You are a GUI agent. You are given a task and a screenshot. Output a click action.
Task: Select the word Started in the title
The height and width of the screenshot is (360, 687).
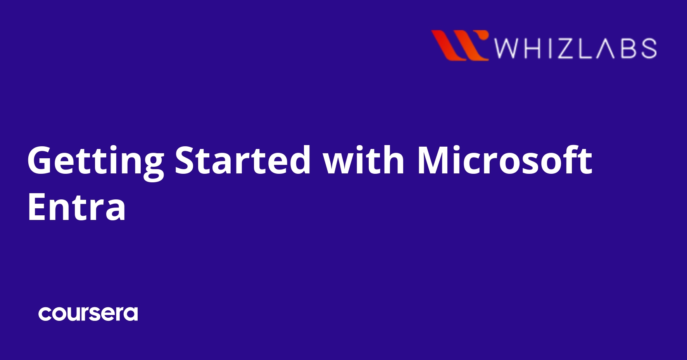click(243, 160)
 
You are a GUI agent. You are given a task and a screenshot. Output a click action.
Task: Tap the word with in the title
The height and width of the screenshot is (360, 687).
click(364, 160)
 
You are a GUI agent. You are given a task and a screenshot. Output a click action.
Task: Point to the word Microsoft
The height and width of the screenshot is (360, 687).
click(504, 160)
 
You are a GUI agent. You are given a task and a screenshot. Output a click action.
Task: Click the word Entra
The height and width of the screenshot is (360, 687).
click(76, 207)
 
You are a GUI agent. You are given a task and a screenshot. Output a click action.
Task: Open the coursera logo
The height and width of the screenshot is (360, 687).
click(88, 313)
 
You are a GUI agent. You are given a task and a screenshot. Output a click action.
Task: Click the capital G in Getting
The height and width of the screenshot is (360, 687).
click(41, 160)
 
